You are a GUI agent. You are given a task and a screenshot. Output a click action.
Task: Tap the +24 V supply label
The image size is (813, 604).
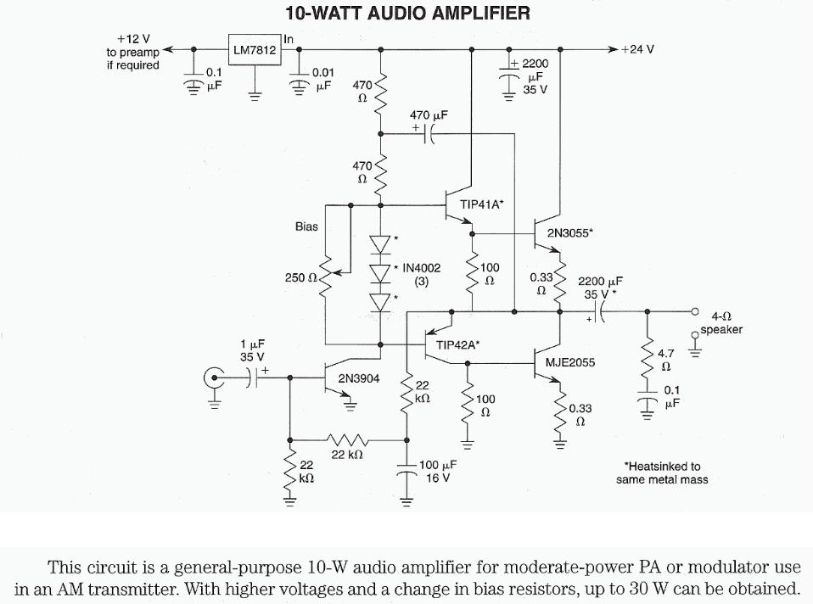click(x=637, y=49)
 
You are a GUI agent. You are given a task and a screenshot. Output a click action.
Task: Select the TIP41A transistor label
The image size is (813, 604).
click(x=482, y=204)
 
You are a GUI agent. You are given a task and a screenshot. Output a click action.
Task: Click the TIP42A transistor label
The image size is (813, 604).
click(x=458, y=344)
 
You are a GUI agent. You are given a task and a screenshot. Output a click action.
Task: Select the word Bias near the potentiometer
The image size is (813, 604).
click(x=306, y=227)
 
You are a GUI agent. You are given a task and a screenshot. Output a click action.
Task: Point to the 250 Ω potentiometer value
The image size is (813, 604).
click(x=300, y=277)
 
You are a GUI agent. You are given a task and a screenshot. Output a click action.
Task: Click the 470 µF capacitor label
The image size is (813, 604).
click(x=429, y=115)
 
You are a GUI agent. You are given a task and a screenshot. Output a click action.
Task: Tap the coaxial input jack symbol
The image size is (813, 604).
click(x=213, y=377)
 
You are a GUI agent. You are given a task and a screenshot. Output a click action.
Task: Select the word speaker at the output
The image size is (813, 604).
click(x=721, y=330)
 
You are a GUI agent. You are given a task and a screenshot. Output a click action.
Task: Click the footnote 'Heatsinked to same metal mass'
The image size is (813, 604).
click(x=662, y=473)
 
